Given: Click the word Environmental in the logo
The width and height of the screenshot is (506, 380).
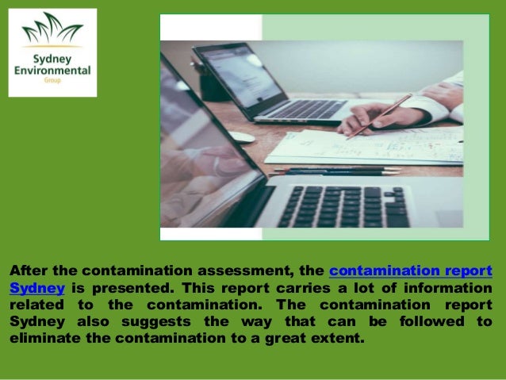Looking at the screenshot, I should pyautogui.click(x=52, y=71).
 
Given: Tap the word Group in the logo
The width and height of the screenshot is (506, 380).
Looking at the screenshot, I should pyautogui.click(x=52, y=82).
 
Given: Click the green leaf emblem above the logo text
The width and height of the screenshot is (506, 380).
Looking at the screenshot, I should pyautogui.click(x=52, y=32).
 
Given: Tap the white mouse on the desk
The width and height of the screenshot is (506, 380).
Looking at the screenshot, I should pyautogui.click(x=241, y=136).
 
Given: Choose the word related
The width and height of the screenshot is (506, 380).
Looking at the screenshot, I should pyautogui.click(x=36, y=304).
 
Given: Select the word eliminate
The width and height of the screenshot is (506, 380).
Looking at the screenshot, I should pyautogui.click(x=42, y=337).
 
